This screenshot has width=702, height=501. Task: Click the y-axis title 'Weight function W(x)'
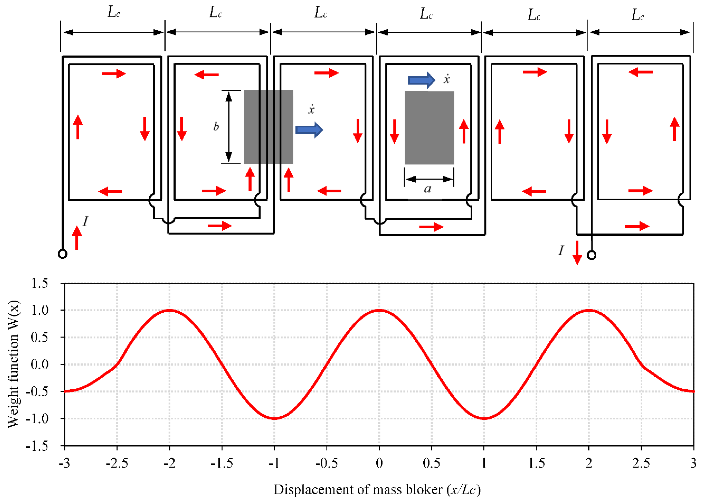point(13,364)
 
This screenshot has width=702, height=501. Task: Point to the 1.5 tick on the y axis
point(40,283)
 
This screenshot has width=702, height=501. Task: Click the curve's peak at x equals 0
point(379,310)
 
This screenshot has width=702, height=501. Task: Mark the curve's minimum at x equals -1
point(274,419)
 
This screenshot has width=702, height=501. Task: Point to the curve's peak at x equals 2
point(589,310)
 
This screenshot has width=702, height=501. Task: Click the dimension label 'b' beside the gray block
point(216,127)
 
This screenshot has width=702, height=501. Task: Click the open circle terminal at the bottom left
point(63,254)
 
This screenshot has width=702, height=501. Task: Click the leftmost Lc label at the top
point(113,12)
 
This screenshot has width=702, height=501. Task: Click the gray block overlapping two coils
point(268,127)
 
